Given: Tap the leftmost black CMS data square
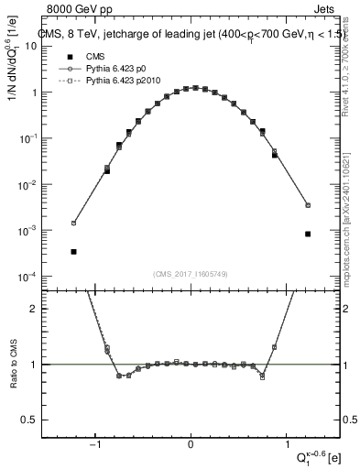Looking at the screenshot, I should point(73,251).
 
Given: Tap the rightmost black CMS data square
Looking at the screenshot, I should point(308,234).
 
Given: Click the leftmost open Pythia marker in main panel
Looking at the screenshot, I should point(73,223).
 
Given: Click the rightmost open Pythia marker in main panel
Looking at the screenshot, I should point(308,205).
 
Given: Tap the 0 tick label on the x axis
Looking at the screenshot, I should point(191,445).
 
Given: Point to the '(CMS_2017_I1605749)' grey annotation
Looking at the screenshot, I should point(191,274).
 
